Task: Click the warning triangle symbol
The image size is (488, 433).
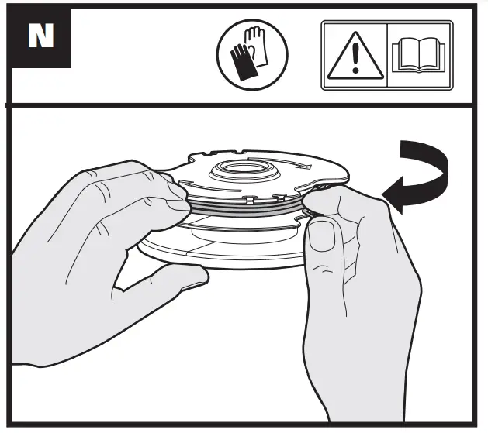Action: [x=355, y=57]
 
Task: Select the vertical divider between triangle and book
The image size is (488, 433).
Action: [x=387, y=56]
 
